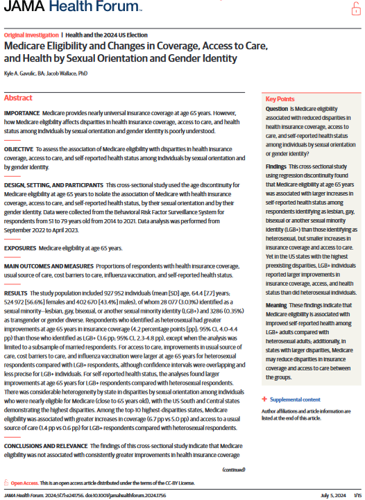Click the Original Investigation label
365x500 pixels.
tap(31, 35)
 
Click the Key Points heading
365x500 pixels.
tap(280, 98)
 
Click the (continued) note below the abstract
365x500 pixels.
tap(234, 470)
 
